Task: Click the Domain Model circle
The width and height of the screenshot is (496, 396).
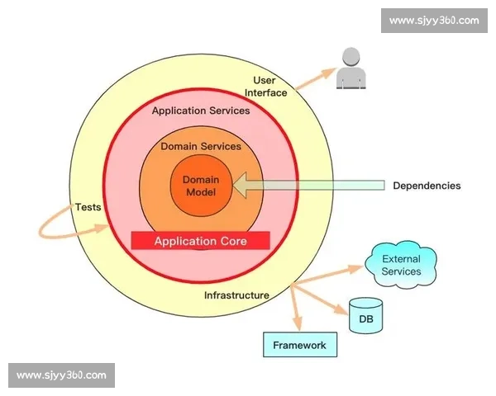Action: [200, 186]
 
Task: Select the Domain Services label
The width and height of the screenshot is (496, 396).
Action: [201, 146]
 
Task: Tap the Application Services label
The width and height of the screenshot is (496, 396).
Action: [201, 110]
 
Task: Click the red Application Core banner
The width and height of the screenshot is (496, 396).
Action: [201, 241]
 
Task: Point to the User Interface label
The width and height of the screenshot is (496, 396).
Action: [265, 86]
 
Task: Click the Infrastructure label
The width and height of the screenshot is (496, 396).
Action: [236, 295]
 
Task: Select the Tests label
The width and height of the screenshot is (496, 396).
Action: [88, 207]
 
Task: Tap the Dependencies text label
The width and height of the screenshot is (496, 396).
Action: [427, 186]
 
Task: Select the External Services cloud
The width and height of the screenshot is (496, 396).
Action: [401, 265]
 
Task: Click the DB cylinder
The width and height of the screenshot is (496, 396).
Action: [365, 316]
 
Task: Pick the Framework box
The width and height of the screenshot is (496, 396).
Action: [300, 345]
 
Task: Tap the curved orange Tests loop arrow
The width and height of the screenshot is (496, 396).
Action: [50, 223]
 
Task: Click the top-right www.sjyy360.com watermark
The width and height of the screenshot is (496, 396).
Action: [433, 21]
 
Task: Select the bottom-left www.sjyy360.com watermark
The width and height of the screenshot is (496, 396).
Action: [62, 375]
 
